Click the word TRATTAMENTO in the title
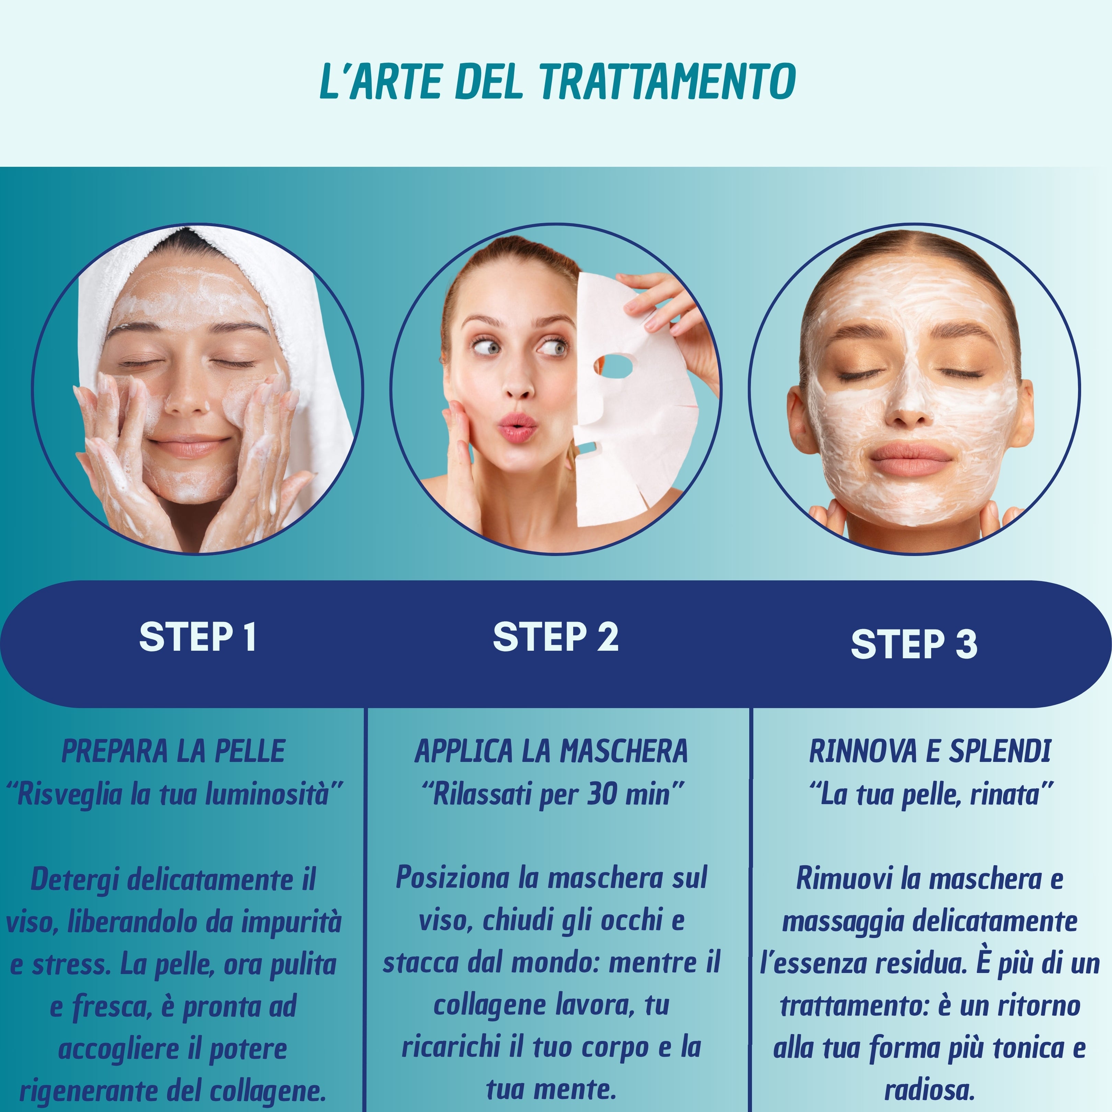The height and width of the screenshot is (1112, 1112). tap(668, 82)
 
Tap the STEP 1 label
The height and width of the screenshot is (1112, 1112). tap(197, 637)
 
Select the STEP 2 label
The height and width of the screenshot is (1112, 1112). tap(555, 637)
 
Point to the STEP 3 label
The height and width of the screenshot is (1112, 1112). tap(914, 644)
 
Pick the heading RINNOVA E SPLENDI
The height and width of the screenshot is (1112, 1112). tap(929, 751)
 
